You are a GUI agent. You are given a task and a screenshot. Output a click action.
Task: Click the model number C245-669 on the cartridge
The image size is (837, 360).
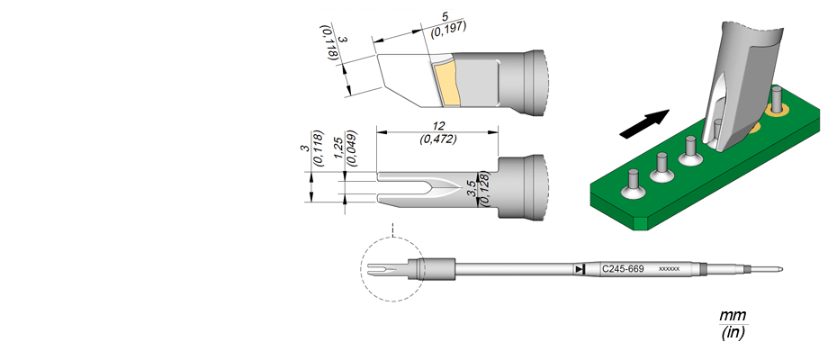click(x=623, y=269)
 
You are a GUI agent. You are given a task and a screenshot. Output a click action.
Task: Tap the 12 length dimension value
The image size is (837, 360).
click(x=439, y=125)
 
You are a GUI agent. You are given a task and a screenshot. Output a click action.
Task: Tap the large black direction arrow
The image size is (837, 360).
click(x=644, y=123)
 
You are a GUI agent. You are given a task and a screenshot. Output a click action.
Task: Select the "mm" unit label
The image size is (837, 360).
click(x=733, y=316)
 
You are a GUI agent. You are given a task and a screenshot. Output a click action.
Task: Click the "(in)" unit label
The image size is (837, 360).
click(x=733, y=333)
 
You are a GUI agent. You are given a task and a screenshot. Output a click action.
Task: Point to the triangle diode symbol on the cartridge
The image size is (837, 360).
click(x=580, y=269)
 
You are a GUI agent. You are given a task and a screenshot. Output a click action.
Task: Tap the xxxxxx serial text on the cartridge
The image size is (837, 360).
click(x=670, y=269)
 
